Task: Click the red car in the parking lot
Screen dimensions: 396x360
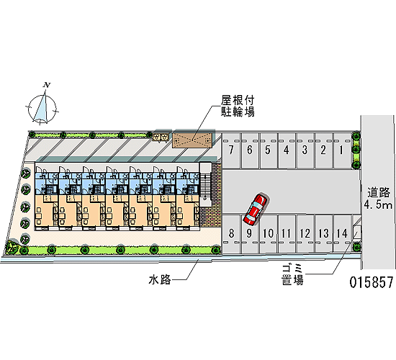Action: pos(255,210)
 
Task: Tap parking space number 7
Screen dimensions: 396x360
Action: pos(231,150)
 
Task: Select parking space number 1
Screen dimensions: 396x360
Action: pos(342,150)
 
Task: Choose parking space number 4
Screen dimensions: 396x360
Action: pos(287,150)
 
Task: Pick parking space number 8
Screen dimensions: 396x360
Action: pos(231,234)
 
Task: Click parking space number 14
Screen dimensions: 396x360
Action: pos(342,234)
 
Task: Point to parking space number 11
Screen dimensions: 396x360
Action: pos(287,234)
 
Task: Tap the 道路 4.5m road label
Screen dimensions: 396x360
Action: pos(378,199)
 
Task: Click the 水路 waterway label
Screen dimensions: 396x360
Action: pos(160,279)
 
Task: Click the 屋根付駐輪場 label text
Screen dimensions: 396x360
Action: pos(238,106)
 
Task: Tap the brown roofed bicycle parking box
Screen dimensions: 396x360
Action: pos(192,140)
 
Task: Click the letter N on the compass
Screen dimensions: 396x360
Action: pos(47,85)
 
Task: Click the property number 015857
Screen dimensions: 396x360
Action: pos(372,282)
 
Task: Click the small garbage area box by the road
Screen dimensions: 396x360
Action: pos(357,232)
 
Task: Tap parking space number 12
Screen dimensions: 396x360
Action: pos(305,234)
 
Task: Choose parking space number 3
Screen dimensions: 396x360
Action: pos(305,150)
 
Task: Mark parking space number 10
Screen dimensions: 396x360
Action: pos(268,234)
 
